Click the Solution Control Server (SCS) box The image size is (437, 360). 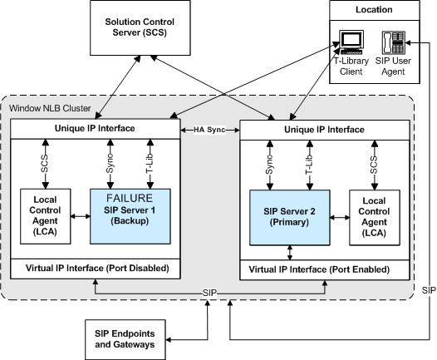click(140, 27)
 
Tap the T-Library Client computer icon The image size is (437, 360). click(351, 42)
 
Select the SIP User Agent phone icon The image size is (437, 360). click(393, 42)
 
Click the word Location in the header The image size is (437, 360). click(374, 9)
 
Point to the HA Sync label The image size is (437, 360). click(209, 130)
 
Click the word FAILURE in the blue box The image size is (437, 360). click(130, 198)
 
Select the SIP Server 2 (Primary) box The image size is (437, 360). click(290, 218)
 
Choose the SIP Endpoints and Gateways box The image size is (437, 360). click(125, 339)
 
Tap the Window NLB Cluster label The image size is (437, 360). click(50, 108)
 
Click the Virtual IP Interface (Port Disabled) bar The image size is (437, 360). click(96, 269)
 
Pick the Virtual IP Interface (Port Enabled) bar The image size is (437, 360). click(325, 270)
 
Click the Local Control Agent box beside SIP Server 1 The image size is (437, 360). click(46, 216)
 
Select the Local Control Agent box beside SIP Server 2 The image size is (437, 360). click(375, 218)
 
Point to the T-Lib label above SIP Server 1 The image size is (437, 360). click(150, 164)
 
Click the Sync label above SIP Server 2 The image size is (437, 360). click(269, 165)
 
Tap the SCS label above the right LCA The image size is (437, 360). click(375, 165)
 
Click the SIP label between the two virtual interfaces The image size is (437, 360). click(209, 293)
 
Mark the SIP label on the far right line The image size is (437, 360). click(429, 290)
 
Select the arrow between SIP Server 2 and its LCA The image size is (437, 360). click(340, 218)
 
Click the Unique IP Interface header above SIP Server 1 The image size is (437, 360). click(96, 129)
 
